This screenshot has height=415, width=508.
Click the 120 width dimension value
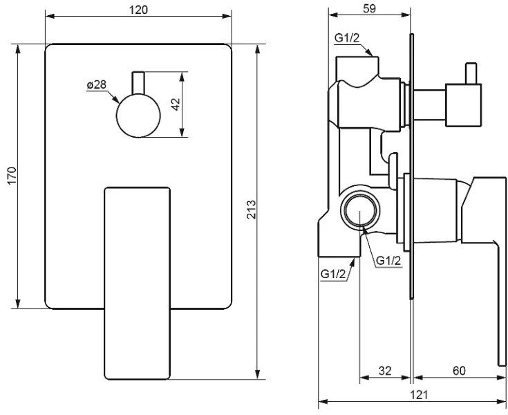click(138, 10)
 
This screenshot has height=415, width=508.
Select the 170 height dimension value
click(12, 176)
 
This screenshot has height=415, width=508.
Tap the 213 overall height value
click(252, 210)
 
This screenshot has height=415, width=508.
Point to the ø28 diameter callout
click(97, 85)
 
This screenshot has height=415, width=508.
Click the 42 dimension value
click(176, 104)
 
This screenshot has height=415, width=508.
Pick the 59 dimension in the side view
click(369, 8)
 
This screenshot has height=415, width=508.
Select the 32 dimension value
click(385, 371)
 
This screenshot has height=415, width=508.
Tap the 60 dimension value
click(459, 371)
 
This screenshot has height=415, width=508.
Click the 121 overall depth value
click(420, 395)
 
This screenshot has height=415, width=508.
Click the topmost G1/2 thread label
click(347, 38)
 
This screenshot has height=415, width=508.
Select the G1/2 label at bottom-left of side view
click(333, 275)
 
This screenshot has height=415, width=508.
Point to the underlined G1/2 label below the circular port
click(388, 261)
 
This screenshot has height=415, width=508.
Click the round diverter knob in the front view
click(138, 116)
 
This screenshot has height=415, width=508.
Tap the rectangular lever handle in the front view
click(138, 284)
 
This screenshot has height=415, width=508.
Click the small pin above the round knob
click(138, 83)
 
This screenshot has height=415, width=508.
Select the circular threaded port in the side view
click(360, 210)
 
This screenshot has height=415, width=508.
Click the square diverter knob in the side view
click(463, 105)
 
